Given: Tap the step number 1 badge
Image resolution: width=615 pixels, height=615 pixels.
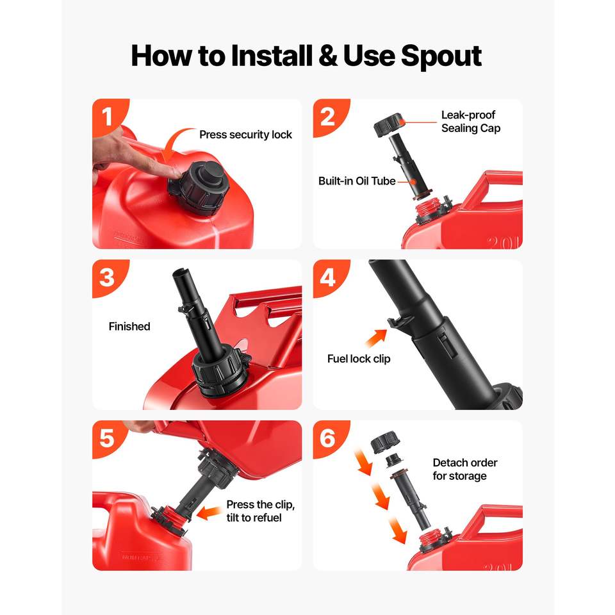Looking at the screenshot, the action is coord(108,116).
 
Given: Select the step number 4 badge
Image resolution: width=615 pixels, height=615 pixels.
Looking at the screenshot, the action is coord(329,277).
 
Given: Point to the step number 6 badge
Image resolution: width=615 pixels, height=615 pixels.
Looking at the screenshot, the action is coord(329,438).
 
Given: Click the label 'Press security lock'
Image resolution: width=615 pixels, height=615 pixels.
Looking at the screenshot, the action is coord(245,135).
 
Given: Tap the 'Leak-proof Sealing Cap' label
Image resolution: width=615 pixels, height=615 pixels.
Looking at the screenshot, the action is coord(471,122).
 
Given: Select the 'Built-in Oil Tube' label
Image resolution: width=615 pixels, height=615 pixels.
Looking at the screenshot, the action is coord(357,181).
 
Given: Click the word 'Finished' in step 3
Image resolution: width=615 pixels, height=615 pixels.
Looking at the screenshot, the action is coord(129,326).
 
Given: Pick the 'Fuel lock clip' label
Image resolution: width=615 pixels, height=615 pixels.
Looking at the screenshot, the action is coord(359,359).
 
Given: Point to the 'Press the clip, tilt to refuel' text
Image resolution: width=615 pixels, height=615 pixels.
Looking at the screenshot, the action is coord(261,511).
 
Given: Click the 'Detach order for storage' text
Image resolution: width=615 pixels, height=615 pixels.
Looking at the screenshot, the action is coord(465,469).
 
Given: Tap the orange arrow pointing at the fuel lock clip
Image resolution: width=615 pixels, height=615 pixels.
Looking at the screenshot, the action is coord(376,338).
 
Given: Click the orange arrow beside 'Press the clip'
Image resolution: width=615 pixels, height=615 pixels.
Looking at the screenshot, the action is coord(209,512).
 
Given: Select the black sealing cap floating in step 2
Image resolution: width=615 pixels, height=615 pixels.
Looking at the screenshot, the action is coord(388,125).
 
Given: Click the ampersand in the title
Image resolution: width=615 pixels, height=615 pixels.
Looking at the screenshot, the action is coord(328,56).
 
